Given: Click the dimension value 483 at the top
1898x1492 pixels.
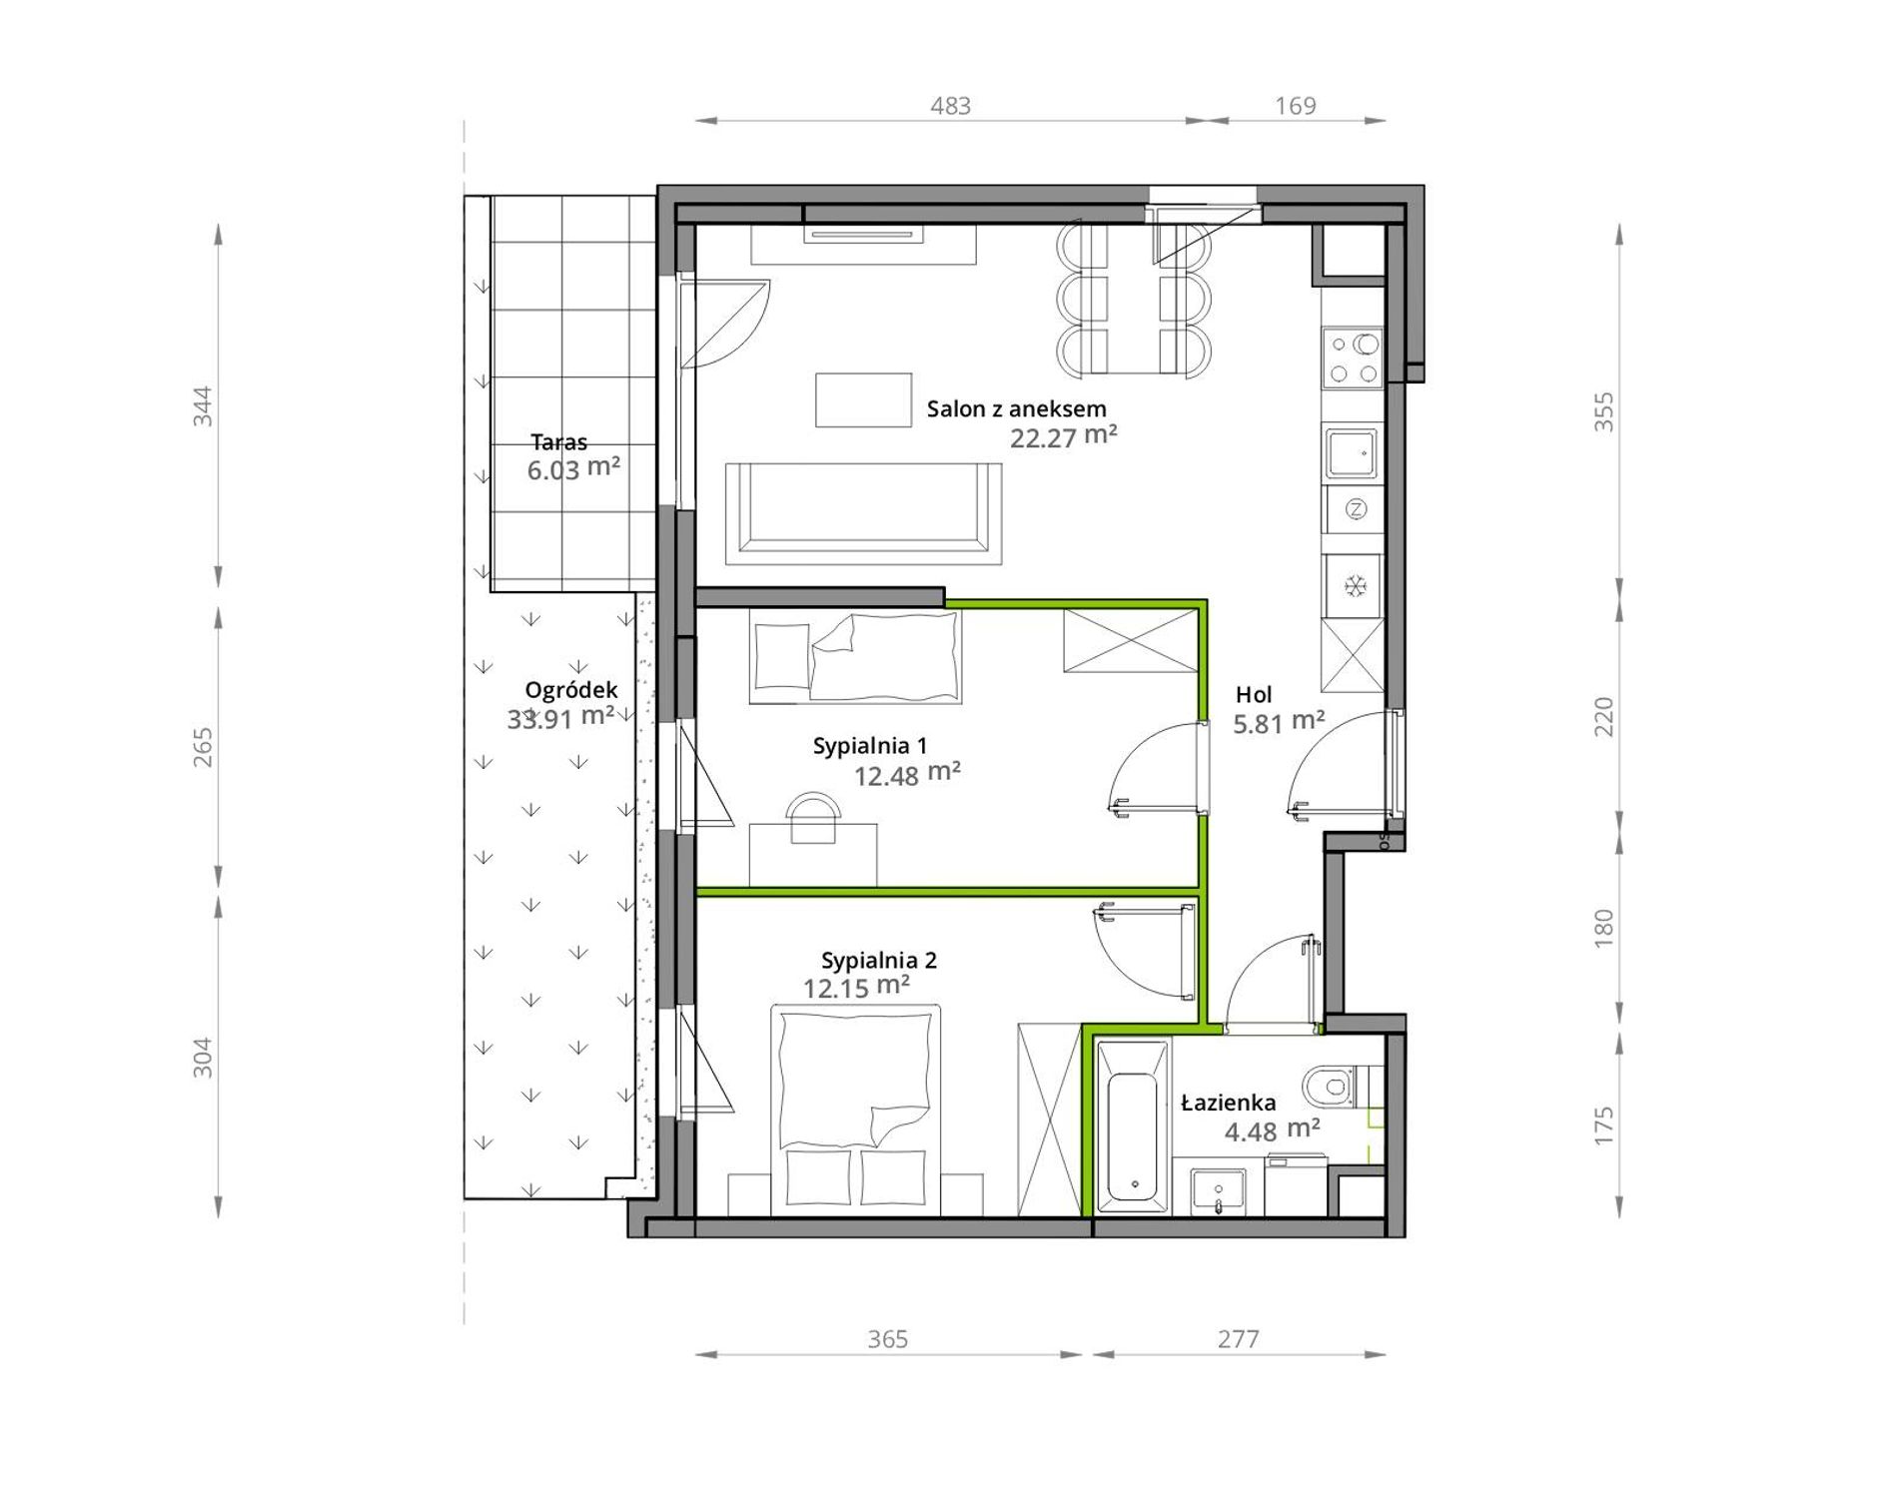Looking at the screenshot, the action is click(x=950, y=106).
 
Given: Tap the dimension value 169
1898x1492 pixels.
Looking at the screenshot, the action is click(x=1296, y=106).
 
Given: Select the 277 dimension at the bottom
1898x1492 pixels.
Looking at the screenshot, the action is click(x=1238, y=1339).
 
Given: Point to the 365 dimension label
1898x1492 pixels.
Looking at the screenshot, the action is click(x=887, y=1339).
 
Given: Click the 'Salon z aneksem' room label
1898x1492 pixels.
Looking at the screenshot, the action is click(x=1016, y=408).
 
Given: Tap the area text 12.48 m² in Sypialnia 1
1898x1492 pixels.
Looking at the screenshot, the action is click(x=907, y=775).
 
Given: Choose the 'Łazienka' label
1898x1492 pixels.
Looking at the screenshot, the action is click(x=1228, y=1103).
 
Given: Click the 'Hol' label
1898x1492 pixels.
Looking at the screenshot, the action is click(x=1254, y=695).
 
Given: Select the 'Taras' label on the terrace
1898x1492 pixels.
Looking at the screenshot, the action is click(x=558, y=441).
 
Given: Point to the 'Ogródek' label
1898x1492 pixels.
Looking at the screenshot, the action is click(x=570, y=690).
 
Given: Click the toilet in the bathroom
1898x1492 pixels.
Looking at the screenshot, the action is click(x=1333, y=1086).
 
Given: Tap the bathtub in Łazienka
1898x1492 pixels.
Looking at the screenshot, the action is click(x=1133, y=1126).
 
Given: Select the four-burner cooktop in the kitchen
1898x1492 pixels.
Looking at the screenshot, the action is click(x=1353, y=360).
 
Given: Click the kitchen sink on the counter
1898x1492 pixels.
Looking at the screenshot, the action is click(x=1352, y=453).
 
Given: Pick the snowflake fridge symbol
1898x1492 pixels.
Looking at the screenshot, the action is click(x=1355, y=586).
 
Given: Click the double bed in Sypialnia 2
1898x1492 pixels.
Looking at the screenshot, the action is click(x=856, y=1111).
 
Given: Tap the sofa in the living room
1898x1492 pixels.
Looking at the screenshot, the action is click(x=863, y=513).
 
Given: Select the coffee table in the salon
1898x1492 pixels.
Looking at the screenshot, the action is click(x=863, y=399).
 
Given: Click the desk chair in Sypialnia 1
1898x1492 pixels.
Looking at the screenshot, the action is click(x=812, y=818).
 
